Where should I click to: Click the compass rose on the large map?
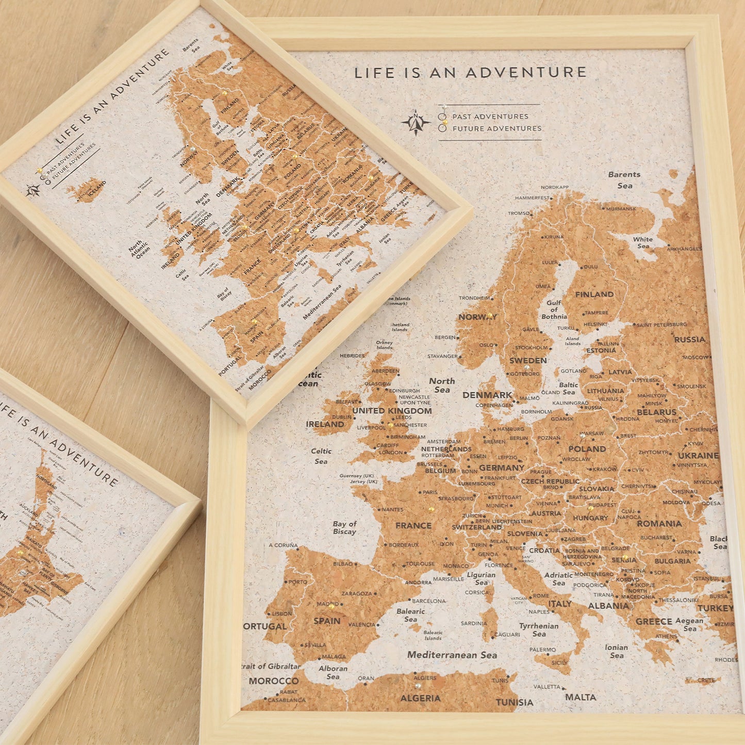click(x=416, y=123)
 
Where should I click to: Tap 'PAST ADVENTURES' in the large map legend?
click(x=490, y=117)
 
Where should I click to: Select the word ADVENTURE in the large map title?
click(x=526, y=73)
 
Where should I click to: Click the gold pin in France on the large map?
click(x=432, y=509)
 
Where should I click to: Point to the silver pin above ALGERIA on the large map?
click(x=418, y=686)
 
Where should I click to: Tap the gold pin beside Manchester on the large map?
click(x=391, y=426)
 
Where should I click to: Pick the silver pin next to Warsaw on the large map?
click(x=583, y=436)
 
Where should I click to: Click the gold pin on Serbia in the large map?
click(x=625, y=557)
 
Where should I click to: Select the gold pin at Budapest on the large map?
click(x=590, y=508)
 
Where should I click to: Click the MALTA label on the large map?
click(x=581, y=697)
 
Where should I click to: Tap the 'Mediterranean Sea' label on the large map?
click(x=452, y=655)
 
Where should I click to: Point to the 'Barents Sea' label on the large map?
click(x=624, y=179)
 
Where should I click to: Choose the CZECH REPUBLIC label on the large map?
click(x=550, y=481)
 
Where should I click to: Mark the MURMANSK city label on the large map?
click(x=621, y=209)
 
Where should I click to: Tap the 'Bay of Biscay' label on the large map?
click(x=344, y=527)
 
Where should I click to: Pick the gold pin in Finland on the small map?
click(x=225, y=93)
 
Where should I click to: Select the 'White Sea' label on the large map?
click(x=643, y=242)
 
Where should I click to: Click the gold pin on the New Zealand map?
click(x=21, y=552)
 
